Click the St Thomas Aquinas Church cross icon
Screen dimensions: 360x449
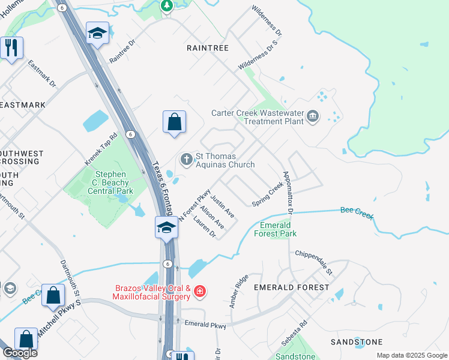[186, 159]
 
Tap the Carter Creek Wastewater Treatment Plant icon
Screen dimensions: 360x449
[312, 116]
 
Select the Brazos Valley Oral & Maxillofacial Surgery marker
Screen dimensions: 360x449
[200, 292]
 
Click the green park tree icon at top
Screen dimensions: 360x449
[167, 5]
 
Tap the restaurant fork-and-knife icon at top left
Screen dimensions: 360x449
[11, 47]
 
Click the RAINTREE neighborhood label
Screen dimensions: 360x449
[208, 47]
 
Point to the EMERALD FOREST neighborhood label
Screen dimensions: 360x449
[292, 287]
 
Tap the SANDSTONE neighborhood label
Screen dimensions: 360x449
[357, 342]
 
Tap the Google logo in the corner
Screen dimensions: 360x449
[20, 353]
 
